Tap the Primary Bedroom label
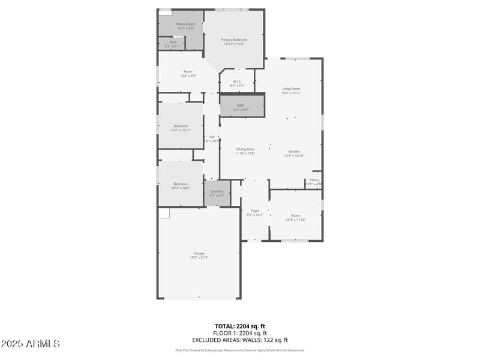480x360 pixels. pyautogui.click(x=234, y=41)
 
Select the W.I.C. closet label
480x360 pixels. pyautogui.click(x=238, y=83)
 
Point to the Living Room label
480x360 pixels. pyautogui.click(x=291, y=91)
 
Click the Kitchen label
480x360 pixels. pyautogui.click(x=294, y=154)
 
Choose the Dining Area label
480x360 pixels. pyautogui.click(x=245, y=151)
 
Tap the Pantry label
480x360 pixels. pyautogui.click(x=314, y=182)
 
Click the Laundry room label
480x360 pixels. pyautogui.click(x=217, y=193)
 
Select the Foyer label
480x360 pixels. pyautogui.click(x=254, y=212)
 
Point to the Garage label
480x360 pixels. pyautogui.click(x=199, y=255)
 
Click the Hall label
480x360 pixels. pyautogui.click(x=211, y=139)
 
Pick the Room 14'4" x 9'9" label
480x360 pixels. pyautogui.click(x=188, y=73)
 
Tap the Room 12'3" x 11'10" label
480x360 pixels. pyautogui.click(x=295, y=217)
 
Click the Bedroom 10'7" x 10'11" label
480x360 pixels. pyautogui.click(x=181, y=128)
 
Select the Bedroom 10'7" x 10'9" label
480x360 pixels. pyautogui.click(x=181, y=185)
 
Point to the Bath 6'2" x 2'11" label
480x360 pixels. pyautogui.click(x=173, y=44)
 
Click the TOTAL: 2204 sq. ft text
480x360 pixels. pyautogui.click(x=239, y=326)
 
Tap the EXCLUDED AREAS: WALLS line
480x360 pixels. pyautogui.click(x=239, y=340)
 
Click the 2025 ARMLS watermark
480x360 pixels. pyautogui.click(x=30, y=344)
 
